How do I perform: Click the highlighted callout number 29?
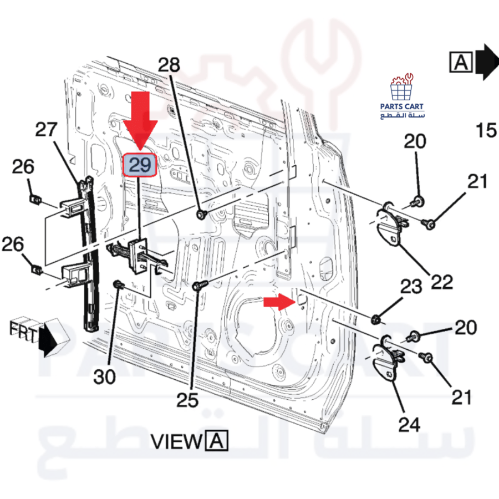point(140,165)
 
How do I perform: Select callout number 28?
point(169,65)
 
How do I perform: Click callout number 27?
point(46,129)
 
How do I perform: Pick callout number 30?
point(104,377)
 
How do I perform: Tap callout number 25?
point(187,400)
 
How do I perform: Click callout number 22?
point(442,282)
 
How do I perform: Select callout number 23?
point(411,287)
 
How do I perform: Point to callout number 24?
point(409,425)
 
